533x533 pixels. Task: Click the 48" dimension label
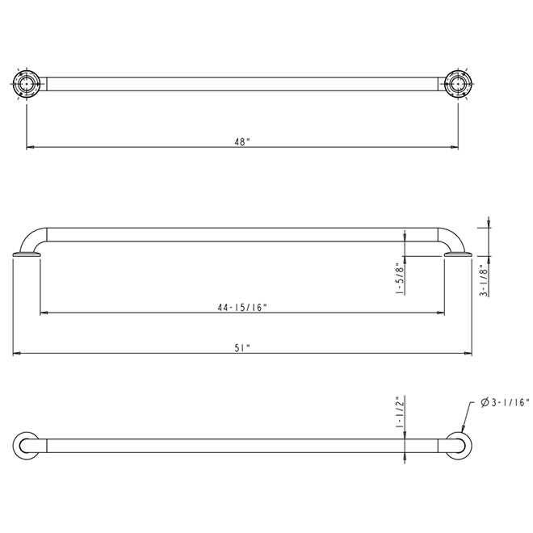pyautogui.click(x=242, y=141)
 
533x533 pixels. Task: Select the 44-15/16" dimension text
pyautogui.click(x=242, y=306)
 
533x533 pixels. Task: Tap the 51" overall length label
pyautogui.click(x=242, y=347)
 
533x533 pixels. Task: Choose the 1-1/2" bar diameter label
pyautogui.click(x=399, y=413)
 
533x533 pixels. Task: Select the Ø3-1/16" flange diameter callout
pyautogui.click(x=504, y=401)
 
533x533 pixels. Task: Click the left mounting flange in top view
pyautogui.click(x=27, y=84)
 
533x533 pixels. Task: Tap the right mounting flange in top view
pyautogui.click(x=459, y=84)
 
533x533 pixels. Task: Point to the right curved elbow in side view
pyautogui.click(x=454, y=239)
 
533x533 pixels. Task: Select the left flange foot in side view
pyautogui.click(x=27, y=257)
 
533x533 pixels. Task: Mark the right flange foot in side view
pyautogui.click(x=459, y=257)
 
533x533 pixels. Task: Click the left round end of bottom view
pyautogui.click(x=27, y=446)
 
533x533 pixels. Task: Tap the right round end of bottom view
pyautogui.click(x=459, y=446)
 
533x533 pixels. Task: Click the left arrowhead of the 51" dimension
pyautogui.click(x=15, y=354)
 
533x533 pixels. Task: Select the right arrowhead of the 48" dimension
pyautogui.click(x=455, y=148)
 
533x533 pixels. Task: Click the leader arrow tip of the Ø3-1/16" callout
pyautogui.click(x=463, y=431)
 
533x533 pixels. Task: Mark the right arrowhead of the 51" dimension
pyautogui.click(x=470, y=354)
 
